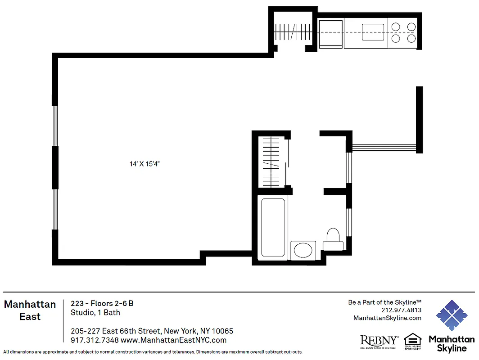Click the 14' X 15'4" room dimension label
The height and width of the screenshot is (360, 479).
tap(145, 164)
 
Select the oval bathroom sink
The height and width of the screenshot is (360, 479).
tap(304, 250)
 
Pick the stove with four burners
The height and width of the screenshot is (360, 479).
tap(403, 33)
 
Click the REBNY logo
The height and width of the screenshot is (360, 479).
tap(379, 341)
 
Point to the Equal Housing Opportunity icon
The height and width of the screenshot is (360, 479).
tap(412, 341)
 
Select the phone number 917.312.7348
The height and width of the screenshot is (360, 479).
tap(95, 341)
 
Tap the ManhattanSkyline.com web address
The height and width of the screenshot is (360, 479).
tap(387, 318)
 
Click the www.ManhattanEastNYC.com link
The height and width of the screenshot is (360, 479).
tap(174, 341)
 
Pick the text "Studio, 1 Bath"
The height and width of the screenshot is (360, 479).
tap(95, 312)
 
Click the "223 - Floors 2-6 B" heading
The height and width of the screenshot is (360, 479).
tap(102, 303)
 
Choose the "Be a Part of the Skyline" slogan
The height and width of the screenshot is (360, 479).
tap(384, 302)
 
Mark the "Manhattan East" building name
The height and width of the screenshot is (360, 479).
tap(30, 310)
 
